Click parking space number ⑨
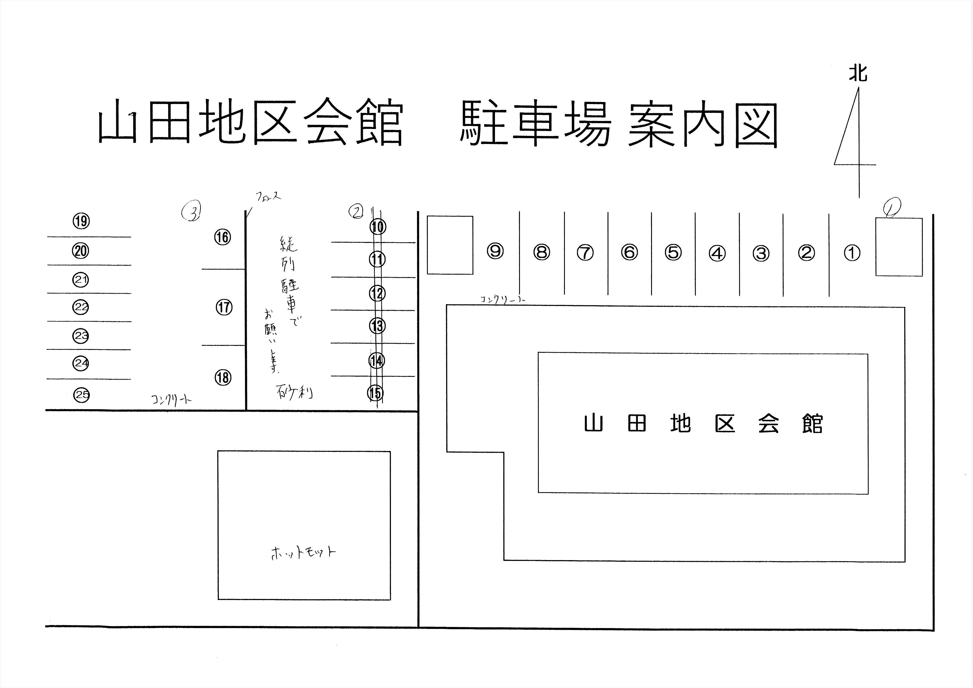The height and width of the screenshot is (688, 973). coord(495,251)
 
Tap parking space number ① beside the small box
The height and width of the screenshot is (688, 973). coord(852,253)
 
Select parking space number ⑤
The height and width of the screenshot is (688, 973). coord(673,252)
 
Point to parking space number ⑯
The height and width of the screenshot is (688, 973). coord(223,237)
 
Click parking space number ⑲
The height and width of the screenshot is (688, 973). coord(81,221)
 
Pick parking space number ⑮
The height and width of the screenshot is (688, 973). coord(375,393)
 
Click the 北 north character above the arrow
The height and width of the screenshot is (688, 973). coord(858,73)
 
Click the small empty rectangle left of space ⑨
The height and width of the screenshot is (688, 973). coord(450,245)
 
